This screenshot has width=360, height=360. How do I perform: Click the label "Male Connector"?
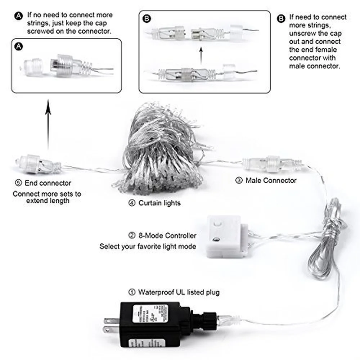271,180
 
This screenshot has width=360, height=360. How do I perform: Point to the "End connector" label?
48,183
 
